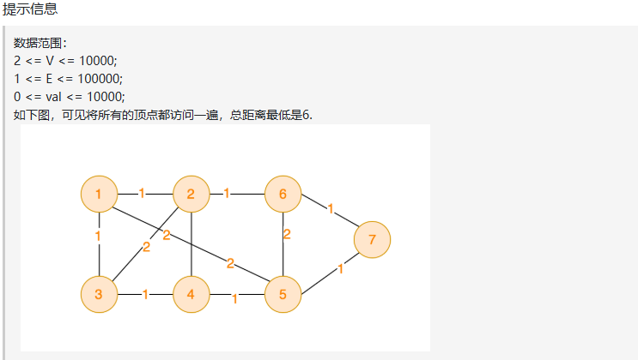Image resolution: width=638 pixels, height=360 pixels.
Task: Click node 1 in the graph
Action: coord(99,194)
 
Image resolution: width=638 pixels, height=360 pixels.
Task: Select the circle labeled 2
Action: coord(191,194)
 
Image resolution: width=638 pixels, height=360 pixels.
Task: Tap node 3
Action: coord(99,296)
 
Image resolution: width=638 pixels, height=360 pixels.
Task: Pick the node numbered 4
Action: coord(191,296)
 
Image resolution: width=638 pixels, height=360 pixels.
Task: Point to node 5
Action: coord(283,296)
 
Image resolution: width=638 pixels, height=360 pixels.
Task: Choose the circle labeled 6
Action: coord(283,194)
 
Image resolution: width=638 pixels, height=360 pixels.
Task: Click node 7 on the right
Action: coord(372,240)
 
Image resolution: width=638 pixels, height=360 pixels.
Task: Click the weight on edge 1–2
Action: coord(142,193)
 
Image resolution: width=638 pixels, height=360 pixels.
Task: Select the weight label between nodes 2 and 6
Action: coord(226,193)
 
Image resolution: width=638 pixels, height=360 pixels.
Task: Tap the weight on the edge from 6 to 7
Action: coord(331,207)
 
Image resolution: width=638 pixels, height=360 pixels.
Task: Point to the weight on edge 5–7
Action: coord(341,268)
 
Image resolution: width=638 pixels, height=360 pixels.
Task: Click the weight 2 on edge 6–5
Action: coord(287,233)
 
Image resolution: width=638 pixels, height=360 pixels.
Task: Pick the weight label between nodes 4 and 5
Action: coord(234,299)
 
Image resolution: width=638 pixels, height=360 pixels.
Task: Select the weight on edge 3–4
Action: coord(145,295)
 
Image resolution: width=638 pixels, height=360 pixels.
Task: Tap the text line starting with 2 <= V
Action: coord(64,60)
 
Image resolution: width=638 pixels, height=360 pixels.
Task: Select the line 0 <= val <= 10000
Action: coord(70,96)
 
